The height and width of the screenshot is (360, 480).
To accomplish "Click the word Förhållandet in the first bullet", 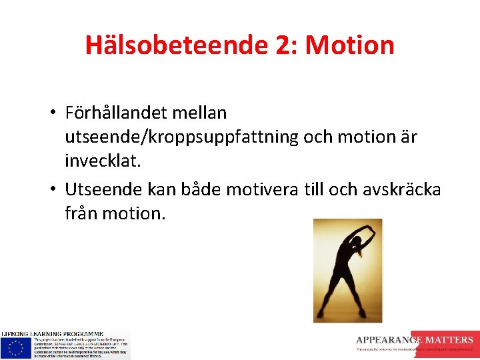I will coord(117,113).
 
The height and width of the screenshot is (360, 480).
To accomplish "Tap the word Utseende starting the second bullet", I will coord(101,189).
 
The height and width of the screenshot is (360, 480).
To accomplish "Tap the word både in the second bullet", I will coord(203,189).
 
